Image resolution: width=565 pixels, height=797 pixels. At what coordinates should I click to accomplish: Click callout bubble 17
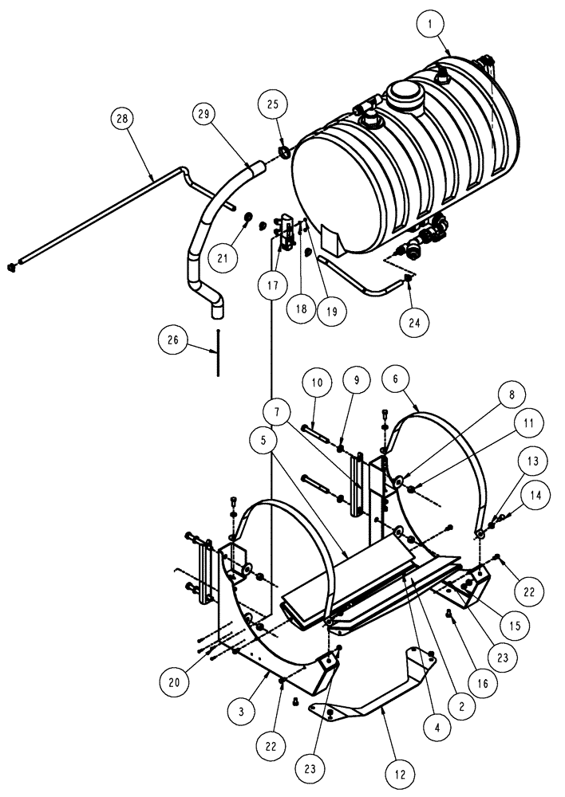click(273, 283)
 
